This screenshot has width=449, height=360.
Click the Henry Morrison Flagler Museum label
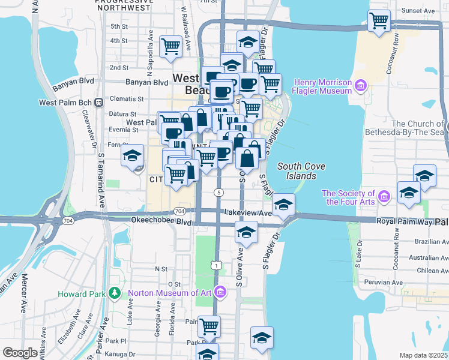click(322, 86)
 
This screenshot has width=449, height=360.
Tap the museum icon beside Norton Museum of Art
click(220, 293)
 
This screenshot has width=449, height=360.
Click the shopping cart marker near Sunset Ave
click(379, 21)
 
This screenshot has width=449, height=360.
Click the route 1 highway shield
click(215, 265)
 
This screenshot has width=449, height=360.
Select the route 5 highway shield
click(220, 192)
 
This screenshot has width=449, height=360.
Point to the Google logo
click(20, 353)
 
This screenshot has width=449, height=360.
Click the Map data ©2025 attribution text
click(423, 355)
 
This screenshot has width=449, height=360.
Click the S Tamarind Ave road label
click(102, 180)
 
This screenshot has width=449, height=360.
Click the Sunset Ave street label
click(418, 11)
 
